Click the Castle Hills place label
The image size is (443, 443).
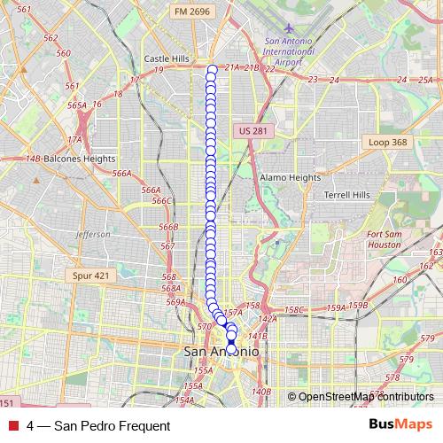167,58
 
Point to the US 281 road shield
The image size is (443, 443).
253,131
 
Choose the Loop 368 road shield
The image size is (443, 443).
387,142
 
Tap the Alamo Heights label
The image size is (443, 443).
290,177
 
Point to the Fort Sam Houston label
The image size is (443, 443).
385,238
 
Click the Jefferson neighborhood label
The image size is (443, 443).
93,234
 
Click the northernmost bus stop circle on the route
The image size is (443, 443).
212,69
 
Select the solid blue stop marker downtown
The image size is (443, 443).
231,342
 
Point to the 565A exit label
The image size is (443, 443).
77,105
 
